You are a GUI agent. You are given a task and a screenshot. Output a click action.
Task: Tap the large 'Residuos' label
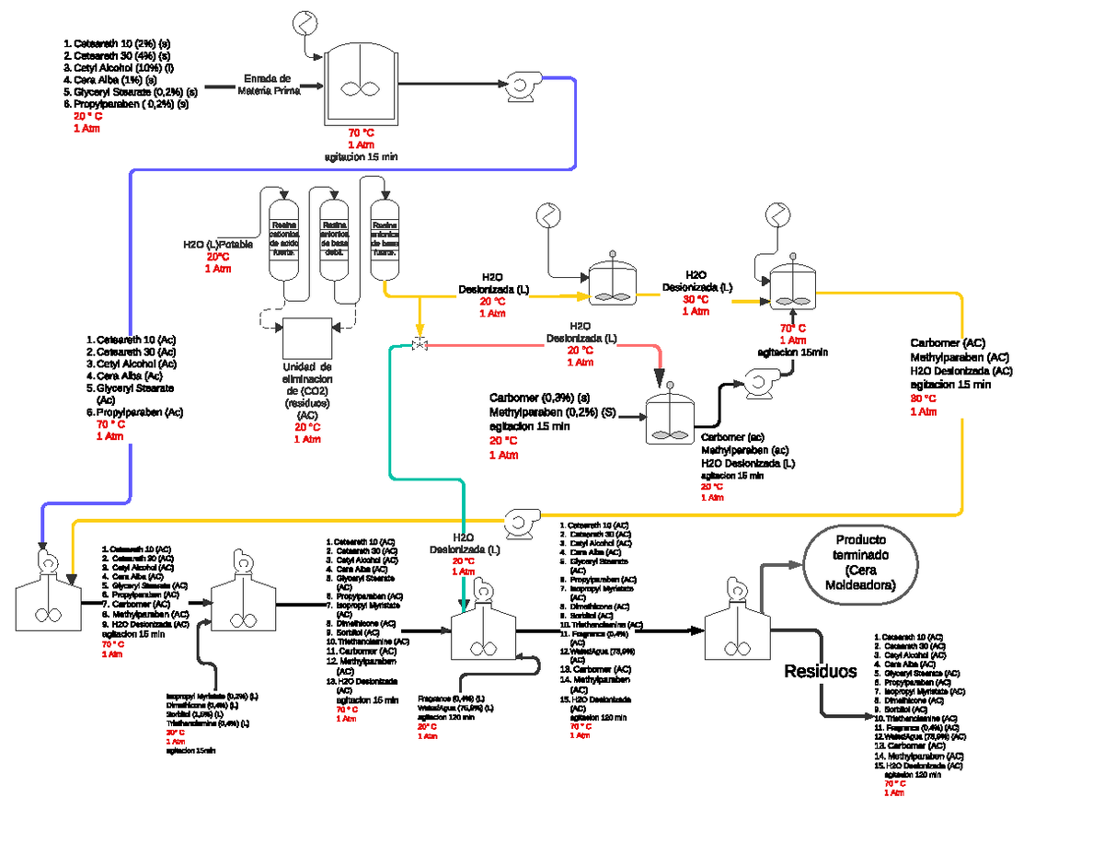[821, 671]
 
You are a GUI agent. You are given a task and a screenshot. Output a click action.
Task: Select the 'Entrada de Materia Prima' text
[269, 85]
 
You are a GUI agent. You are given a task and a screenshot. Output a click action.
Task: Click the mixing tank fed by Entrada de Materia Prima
[362, 86]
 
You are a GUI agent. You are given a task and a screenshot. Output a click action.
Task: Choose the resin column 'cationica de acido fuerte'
[283, 241]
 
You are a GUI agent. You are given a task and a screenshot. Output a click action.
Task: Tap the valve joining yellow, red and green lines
[420, 344]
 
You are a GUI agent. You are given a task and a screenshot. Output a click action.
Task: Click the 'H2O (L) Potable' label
[217, 245]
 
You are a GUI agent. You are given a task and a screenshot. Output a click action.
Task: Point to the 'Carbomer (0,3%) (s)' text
[539, 398]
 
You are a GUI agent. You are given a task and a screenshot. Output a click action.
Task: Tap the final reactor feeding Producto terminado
[735, 632]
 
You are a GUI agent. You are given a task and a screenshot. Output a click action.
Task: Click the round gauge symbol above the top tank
[304, 21]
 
